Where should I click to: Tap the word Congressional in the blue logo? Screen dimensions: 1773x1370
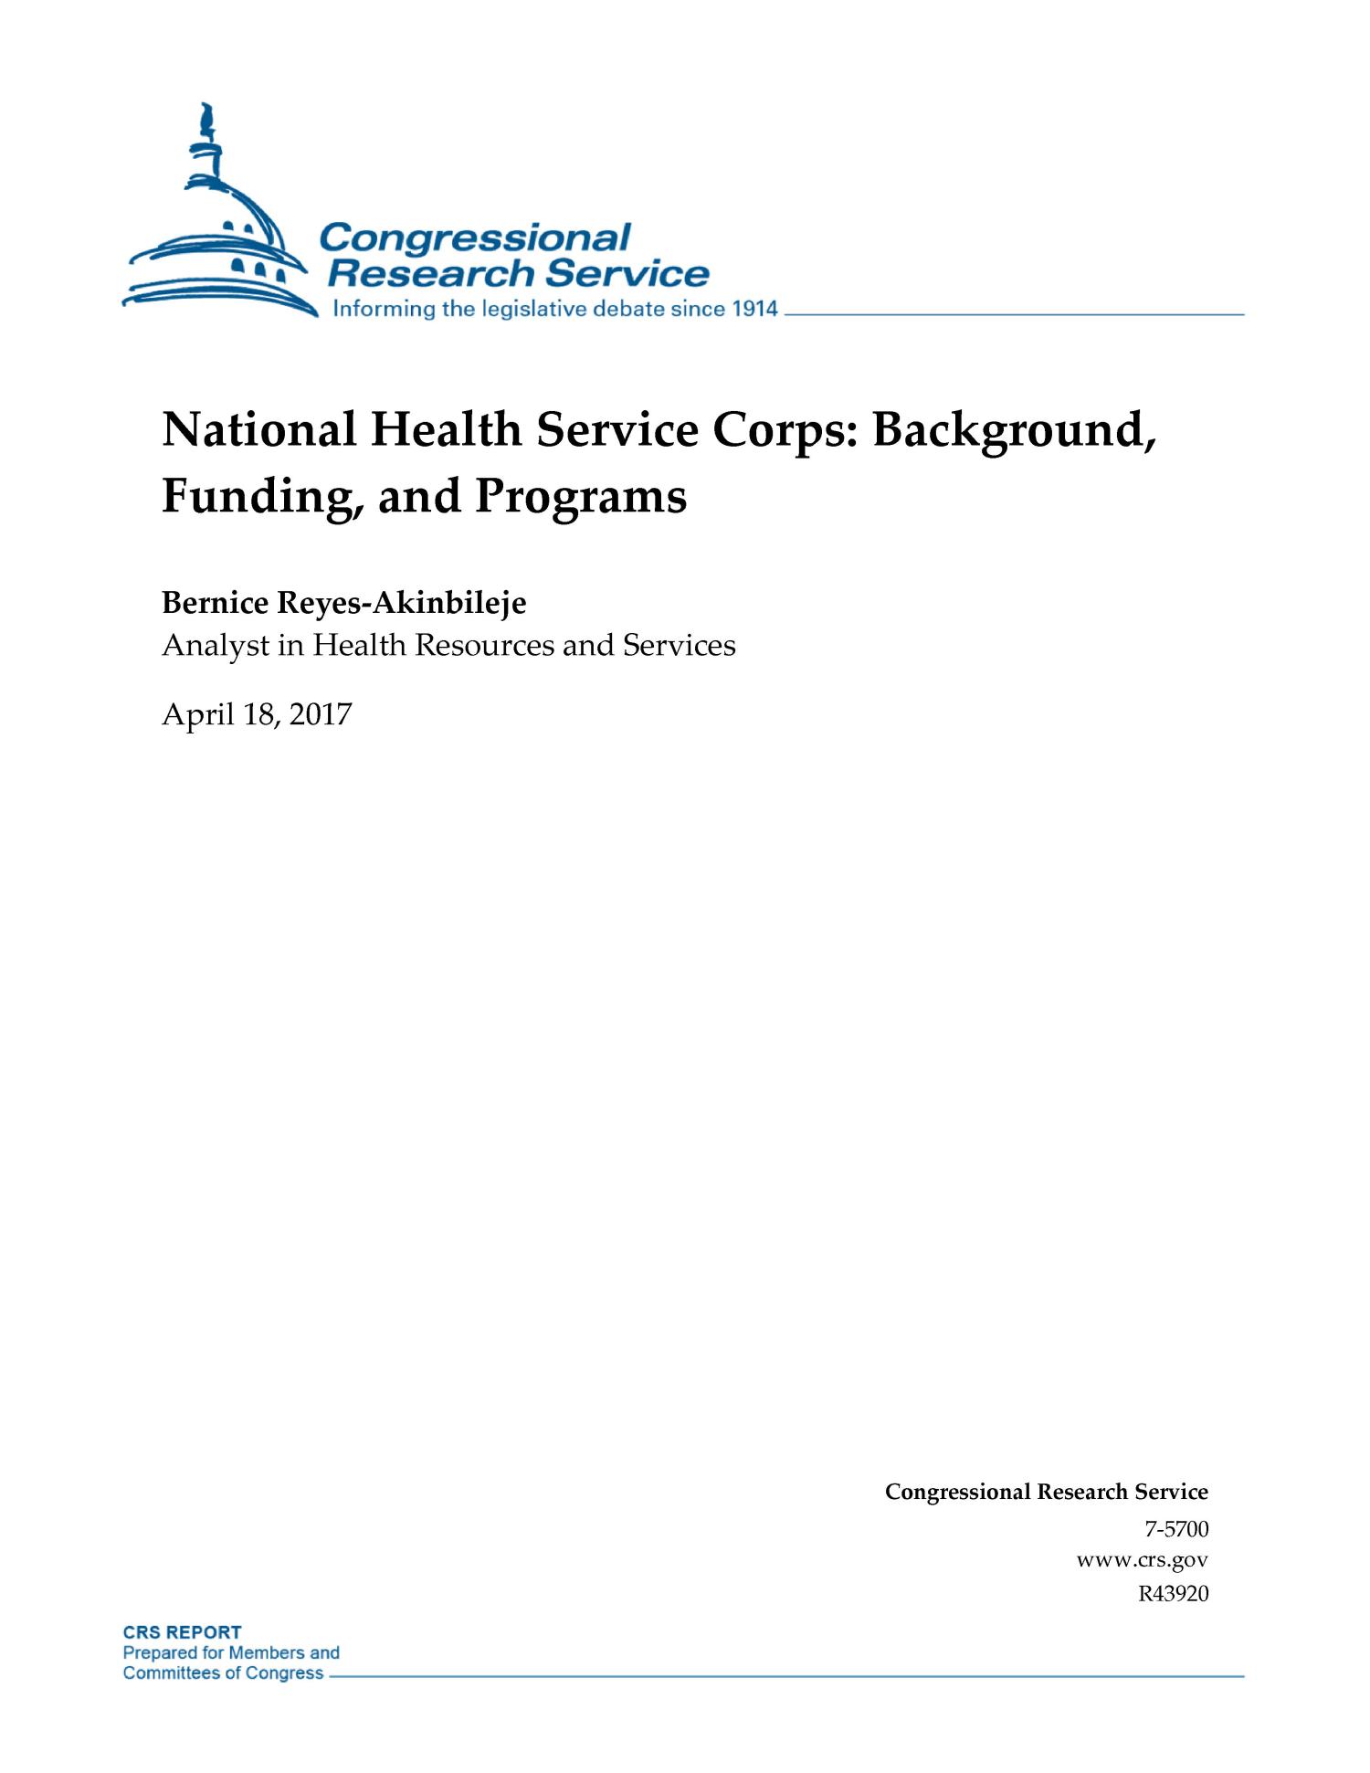[475, 238]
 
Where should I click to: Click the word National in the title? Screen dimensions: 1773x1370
[258, 430]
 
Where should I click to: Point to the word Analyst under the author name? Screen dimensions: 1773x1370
[215, 647]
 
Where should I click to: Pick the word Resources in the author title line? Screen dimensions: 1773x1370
[484, 647]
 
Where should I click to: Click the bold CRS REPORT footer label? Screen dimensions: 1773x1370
[183, 1632]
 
